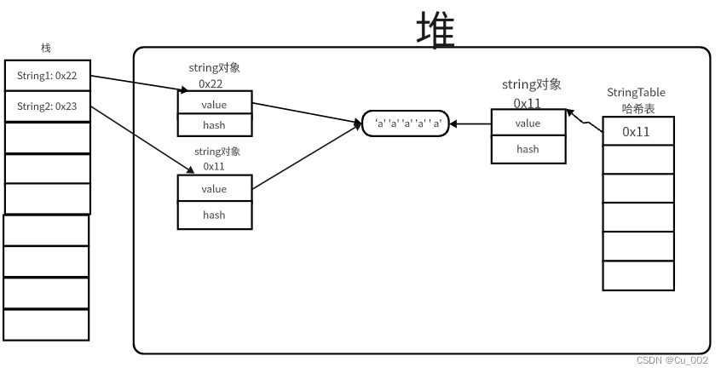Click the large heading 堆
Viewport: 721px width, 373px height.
pyautogui.click(x=435, y=29)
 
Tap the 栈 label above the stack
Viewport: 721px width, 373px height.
pyautogui.click(x=46, y=48)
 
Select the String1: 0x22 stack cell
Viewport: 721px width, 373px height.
pyautogui.click(x=47, y=76)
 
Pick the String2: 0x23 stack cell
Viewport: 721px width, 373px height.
pyautogui.click(x=47, y=107)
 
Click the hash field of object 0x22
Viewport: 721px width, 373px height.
pyautogui.click(x=214, y=124)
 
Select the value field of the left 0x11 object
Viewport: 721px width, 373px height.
pyautogui.click(x=214, y=188)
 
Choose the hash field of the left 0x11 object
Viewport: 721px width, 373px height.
pyautogui.click(x=214, y=215)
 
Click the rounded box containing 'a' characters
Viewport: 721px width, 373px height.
pyautogui.click(x=406, y=123)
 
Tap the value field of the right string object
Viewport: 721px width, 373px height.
pyautogui.click(x=528, y=123)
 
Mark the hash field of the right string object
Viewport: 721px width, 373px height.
pyautogui.click(x=528, y=149)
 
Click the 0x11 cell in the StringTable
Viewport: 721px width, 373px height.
pyautogui.click(x=637, y=131)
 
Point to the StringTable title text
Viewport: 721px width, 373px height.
pyautogui.click(x=636, y=92)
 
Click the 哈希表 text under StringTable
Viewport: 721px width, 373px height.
pyautogui.click(x=637, y=107)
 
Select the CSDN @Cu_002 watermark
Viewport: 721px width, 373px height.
pyautogui.click(x=672, y=361)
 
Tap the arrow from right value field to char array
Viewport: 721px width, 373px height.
pyautogui.click(x=471, y=123)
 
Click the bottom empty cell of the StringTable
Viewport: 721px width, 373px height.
pyautogui.click(x=637, y=275)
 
